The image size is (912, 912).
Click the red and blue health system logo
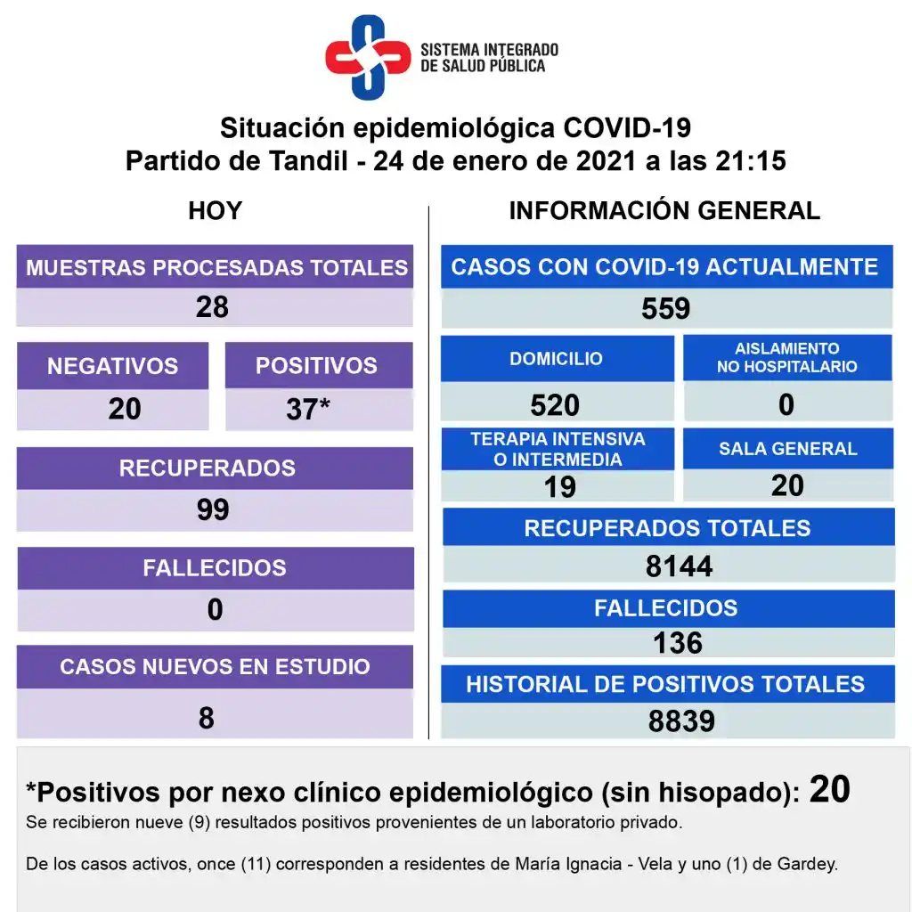click(368, 58)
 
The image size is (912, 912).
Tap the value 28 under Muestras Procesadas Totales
click(213, 307)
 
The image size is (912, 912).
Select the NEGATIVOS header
click(112, 366)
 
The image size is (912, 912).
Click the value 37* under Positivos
click(308, 409)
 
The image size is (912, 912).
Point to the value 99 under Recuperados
click(213, 509)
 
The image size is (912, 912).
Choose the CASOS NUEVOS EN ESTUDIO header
click(215, 667)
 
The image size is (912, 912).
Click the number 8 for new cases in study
click(207, 718)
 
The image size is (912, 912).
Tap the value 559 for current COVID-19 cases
click(665, 309)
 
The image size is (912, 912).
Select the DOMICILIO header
click(556, 359)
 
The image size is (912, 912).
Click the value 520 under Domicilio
click(555, 405)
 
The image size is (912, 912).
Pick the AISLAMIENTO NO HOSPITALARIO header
click(787, 358)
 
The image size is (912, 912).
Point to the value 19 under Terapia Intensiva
click(559, 486)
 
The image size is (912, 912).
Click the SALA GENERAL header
click(788, 449)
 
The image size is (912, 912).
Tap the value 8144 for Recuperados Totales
click(679, 566)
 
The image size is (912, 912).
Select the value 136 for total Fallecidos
click(678, 642)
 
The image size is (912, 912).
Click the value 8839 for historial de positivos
click(681, 721)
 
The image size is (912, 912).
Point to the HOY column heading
click(215, 211)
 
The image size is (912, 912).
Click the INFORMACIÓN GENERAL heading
click(664, 211)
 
